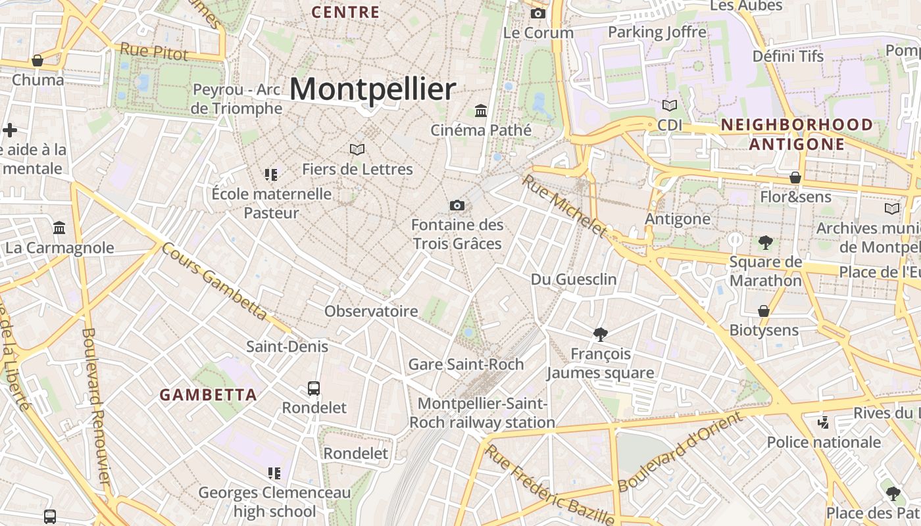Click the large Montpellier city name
(x=372, y=89)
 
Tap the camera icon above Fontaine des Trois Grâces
(x=457, y=206)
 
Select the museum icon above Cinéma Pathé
(x=481, y=110)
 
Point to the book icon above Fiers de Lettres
(x=357, y=150)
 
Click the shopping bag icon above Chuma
(x=37, y=61)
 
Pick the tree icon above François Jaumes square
(x=600, y=335)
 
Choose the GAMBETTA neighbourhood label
(x=208, y=395)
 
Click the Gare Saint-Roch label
(x=466, y=364)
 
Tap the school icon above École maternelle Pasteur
(x=271, y=175)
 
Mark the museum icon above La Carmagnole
(x=59, y=228)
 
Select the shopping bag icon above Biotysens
(x=764, y=311)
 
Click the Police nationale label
(x=824, y=442)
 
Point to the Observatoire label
(x=371, y=311)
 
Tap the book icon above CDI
(x=669, y=106)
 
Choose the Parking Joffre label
(x=657, y=32)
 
